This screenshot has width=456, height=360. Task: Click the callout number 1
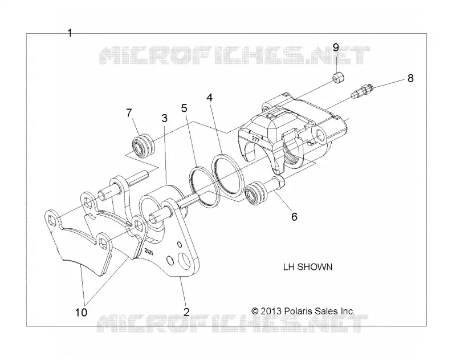pyautogui.click(x=70, y=33)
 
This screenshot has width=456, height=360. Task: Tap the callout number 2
pyautogui.click(x=186, y=312)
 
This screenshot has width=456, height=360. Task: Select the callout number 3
pyautogui.click(x=165, y=118)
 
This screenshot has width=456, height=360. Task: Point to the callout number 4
pyautogui.click(x=209, y=98)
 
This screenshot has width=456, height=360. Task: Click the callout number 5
pyautogui.click(x=184, y=108)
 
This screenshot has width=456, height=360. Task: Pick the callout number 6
pyautogui.click(x=294, y=217)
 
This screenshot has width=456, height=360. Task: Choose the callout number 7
pyautogui.click(x=129, y=112)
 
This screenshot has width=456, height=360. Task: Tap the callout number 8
pyautogui.click(x=410, y=78)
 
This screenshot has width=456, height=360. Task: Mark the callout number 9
pyautogui.click(x=336, y=47)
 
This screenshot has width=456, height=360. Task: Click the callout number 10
pyautogui.click(x=81, y=313)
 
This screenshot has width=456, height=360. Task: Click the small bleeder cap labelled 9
pyautogui.click(x=338, y=78)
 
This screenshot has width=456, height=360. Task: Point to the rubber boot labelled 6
pyautogui.click(x=256, y=193)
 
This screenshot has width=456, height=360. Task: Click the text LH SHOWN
pyautogui.click(x=308, y=267)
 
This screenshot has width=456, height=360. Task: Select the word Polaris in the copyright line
pyautogui.click(x=298, y=311)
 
